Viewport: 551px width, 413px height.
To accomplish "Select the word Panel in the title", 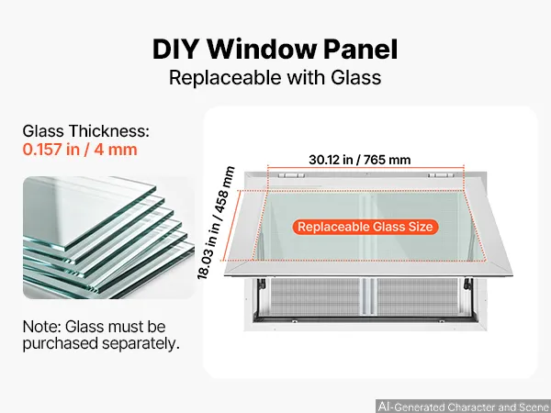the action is click(361, 50).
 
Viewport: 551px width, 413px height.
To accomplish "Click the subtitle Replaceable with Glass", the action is click(275, 78).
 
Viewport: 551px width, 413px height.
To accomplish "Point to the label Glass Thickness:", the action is click(86, 131).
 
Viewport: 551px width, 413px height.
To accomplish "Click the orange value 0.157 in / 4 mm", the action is click(80, 150).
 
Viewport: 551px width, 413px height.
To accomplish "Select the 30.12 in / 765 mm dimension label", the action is click(359, 160).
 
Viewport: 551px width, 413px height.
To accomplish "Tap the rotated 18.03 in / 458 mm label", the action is click(216, 223).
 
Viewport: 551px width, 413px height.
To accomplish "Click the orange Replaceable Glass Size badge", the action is click(365, 227).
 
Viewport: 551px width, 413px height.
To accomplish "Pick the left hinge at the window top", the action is click(291, 175).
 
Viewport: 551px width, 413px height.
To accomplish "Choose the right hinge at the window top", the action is click(441, 175).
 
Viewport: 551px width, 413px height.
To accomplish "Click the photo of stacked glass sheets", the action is click(108, 238).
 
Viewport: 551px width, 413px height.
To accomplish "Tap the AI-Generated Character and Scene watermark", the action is click(463, 407).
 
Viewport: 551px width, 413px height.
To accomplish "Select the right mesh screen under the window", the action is click(418, 297).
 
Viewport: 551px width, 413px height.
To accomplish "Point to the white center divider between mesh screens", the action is click(368, 297).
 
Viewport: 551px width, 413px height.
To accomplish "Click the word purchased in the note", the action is click(60, 344).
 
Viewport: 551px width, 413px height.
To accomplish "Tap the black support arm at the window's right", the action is click(468, 284).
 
